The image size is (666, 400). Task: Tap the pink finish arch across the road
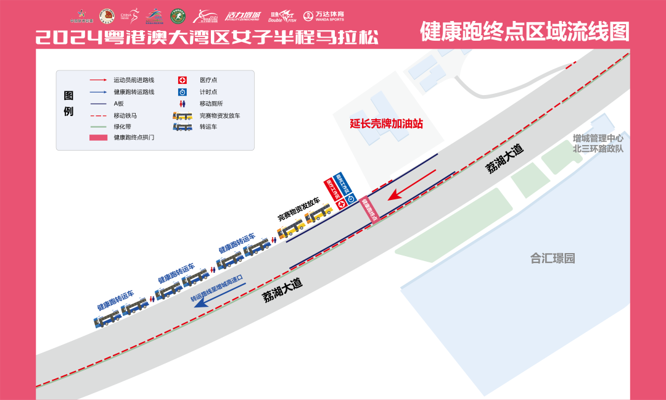pos(368,208)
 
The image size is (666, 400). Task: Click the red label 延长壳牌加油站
pos(386,123)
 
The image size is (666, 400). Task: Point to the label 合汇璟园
pos(553,258)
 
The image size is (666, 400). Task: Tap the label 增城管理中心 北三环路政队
pos(598,143)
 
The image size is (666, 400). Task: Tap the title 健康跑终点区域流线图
pos(524,31)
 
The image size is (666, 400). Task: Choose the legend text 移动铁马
pos(125,115)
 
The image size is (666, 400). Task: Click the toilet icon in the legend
pos(182,104)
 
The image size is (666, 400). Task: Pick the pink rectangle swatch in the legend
pos(98,137)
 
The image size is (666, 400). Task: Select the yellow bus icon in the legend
pos(182,115)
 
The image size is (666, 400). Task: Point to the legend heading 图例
pos(68,104)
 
